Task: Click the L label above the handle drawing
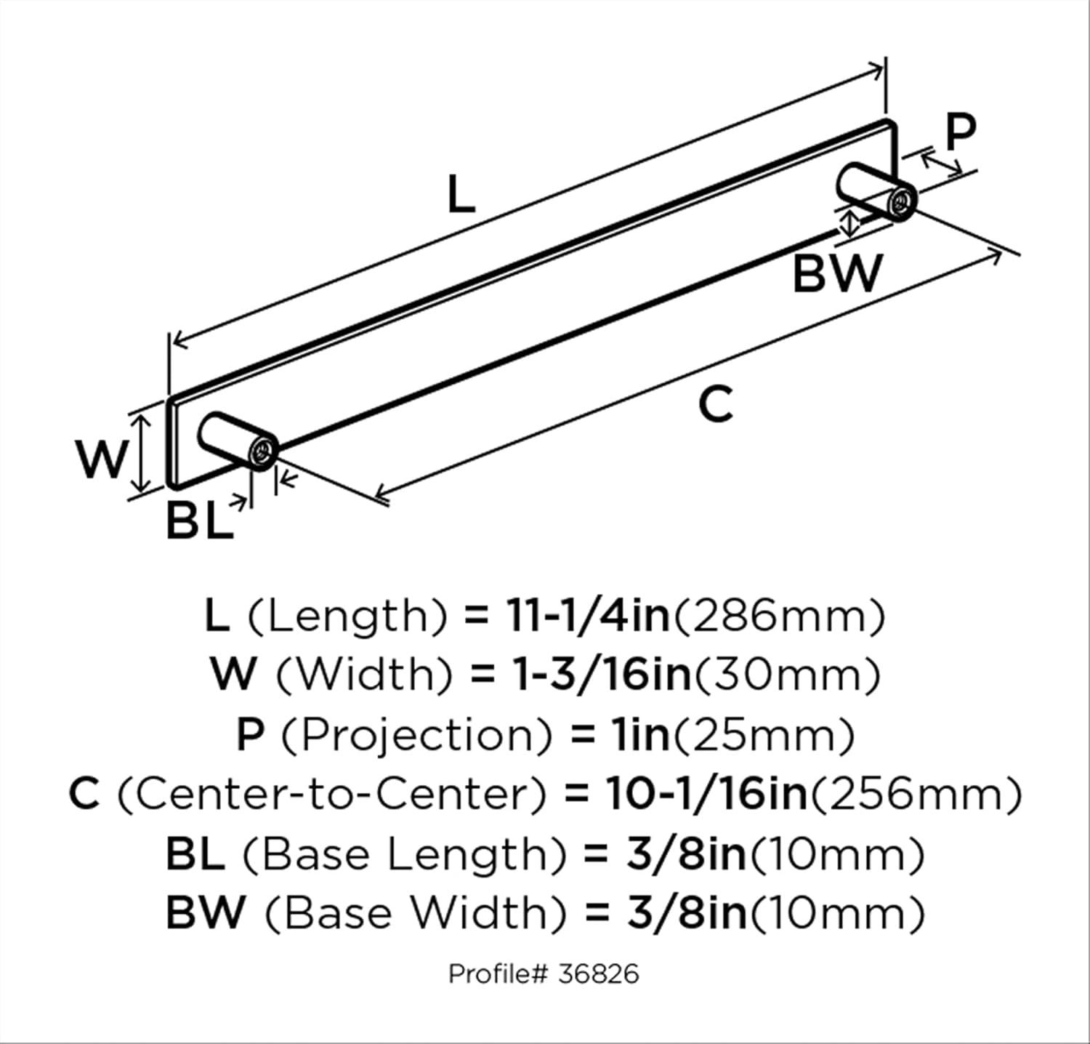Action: pyautogui.click(x=461, y=195)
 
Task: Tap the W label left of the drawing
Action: pyautogui.click(x=102, y=460)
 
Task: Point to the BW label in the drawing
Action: pyautogui.click(x=837, y=273)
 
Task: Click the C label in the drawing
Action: pyautogui.click(x=716, y=404)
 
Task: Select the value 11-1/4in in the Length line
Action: pyautogui.click(x=586, y=616)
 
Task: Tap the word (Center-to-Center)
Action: pyautogui.click(x=331, y=794)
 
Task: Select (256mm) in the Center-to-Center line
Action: pyautogui.click(x=916, y=794)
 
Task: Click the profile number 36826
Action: pyautogui.click(x=599, y=973)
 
